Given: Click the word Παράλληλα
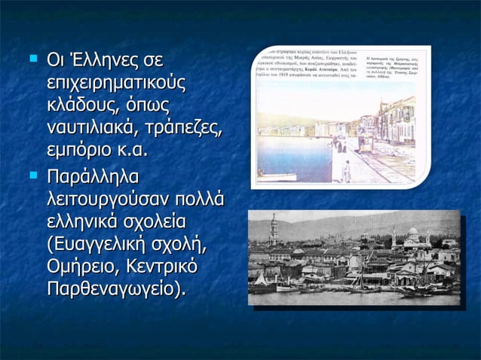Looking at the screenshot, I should pos(94,178).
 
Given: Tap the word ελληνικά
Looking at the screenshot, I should pos(84,224).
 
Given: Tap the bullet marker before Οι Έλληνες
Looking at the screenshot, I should pos(32,57).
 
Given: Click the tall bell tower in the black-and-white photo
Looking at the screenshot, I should pos(274,230).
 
